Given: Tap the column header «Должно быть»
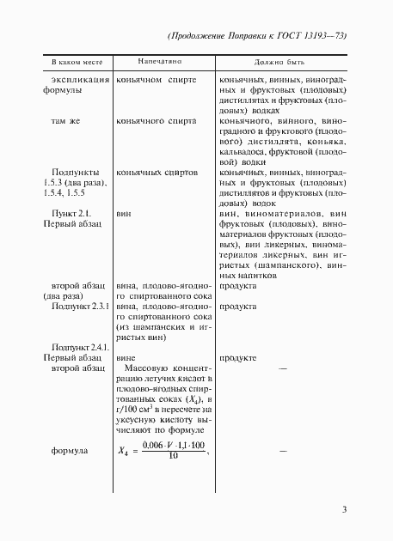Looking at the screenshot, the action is click(x=279, y=64).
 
